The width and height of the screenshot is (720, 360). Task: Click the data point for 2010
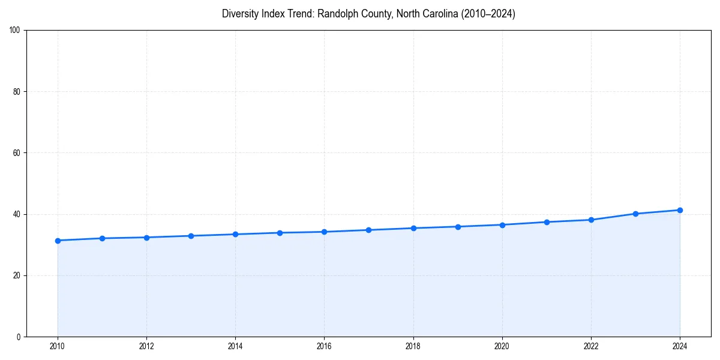58,241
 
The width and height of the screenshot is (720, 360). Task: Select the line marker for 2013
191,236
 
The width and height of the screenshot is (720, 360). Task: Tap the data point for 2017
369,230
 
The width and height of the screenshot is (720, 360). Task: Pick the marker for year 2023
635,214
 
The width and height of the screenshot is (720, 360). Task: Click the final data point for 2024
680,210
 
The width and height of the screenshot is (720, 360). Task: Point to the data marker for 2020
502,225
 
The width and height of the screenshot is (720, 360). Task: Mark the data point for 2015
280,233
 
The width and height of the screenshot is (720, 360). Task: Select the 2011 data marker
102,238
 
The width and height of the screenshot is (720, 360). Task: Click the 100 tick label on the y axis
15,31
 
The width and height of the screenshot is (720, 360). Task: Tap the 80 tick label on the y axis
17,92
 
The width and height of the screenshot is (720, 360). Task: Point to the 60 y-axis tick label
17,153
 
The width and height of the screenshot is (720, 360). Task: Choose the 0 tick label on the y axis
19,337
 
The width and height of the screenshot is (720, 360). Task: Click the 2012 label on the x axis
146,346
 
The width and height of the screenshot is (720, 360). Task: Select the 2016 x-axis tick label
324,346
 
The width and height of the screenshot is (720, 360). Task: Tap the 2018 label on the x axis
413,346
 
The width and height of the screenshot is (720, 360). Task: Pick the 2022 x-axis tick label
591,346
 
